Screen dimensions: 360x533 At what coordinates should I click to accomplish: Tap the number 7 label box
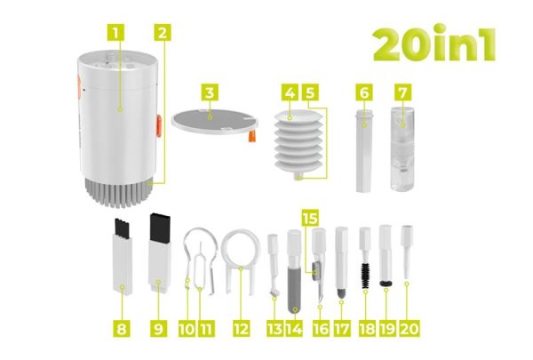click(402, 92)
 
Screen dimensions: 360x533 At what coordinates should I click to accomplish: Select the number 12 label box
click(238, 328)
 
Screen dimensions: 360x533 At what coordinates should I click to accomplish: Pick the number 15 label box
click(308, 217)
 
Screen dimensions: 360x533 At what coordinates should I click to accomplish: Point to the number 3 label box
click(209, 92)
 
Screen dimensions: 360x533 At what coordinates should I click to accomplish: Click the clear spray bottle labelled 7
click(402, 147)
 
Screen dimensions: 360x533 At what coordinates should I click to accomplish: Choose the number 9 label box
click(158, 328)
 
